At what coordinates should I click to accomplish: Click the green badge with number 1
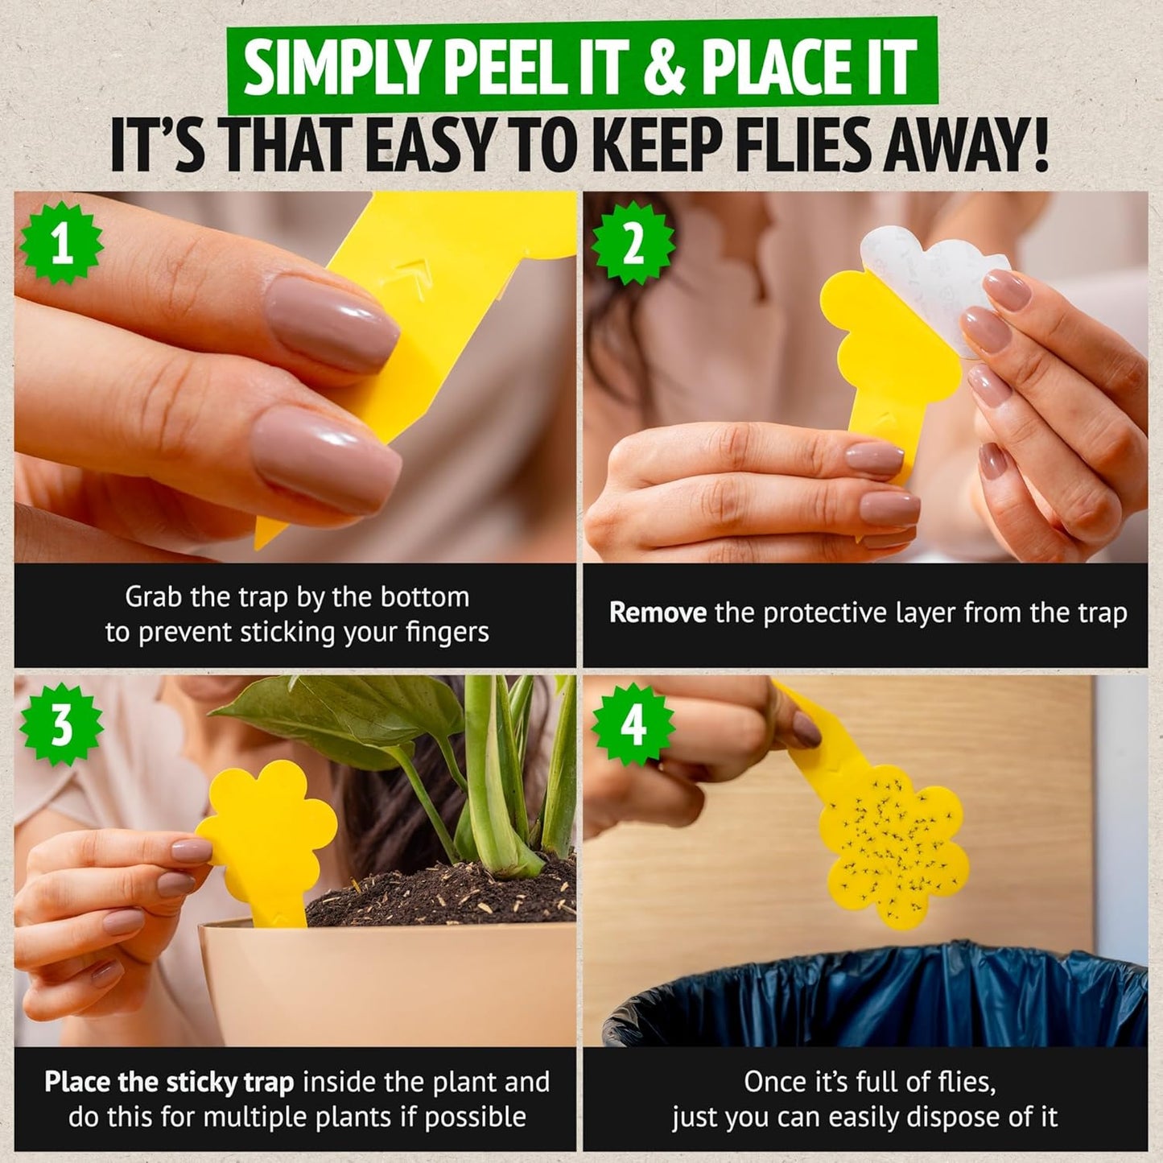tap(61, 243)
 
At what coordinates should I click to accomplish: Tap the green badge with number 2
tap(633, 243)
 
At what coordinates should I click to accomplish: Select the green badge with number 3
tap(61, 725)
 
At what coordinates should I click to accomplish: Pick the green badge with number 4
tap(633, 725)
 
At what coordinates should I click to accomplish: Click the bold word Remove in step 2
tap(658, 613)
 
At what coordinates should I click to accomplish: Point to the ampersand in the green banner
tap(666, 68)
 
